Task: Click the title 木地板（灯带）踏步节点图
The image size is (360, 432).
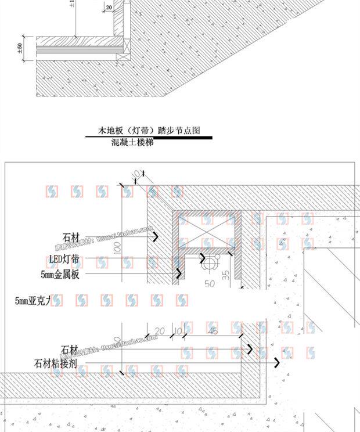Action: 149,131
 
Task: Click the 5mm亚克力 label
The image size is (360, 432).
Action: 33,300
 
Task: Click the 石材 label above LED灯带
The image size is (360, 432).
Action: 71,236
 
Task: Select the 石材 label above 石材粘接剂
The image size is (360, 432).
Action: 70,350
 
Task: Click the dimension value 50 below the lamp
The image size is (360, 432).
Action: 210,284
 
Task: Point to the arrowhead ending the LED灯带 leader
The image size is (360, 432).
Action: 202,258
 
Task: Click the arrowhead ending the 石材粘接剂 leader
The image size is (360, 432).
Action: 277,362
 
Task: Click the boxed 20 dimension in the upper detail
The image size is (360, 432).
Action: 110,8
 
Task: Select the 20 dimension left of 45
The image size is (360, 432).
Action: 160,332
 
